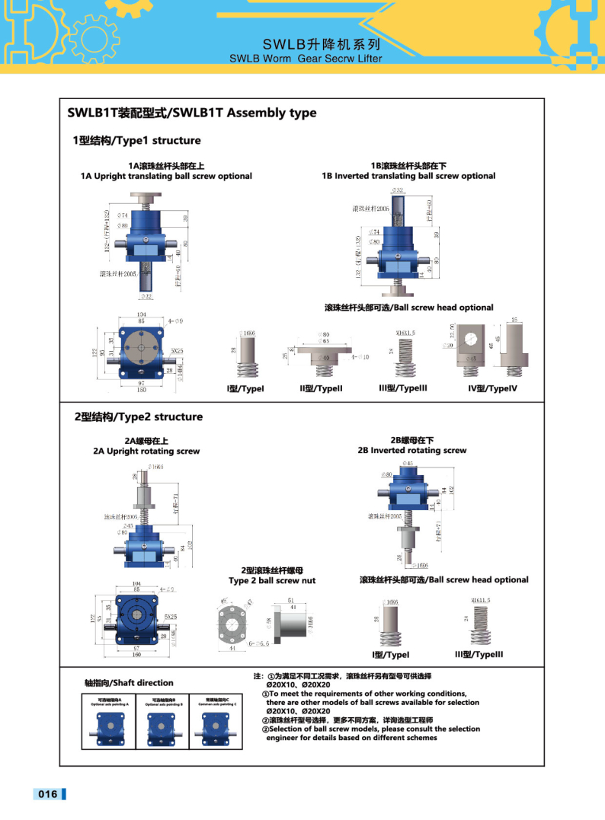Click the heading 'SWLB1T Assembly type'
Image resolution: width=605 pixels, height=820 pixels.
coord(191,113)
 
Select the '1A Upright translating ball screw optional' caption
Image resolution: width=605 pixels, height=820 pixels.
coord(166,176)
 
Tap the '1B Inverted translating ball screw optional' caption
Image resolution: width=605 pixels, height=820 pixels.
coord(408,176)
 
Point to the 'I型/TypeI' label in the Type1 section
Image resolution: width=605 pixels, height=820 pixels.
coord(245,388)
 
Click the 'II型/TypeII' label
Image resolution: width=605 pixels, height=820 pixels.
coord(321,388)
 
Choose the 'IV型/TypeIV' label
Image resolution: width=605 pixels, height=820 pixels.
coord(492,388)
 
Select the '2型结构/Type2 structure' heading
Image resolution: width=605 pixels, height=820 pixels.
coord(138,416)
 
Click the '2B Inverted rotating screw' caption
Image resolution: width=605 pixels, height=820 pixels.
coord(412,450)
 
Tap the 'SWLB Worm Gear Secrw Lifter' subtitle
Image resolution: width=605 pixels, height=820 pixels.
coord(305,57)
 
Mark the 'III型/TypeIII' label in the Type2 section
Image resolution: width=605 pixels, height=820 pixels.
coord(479,654)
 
